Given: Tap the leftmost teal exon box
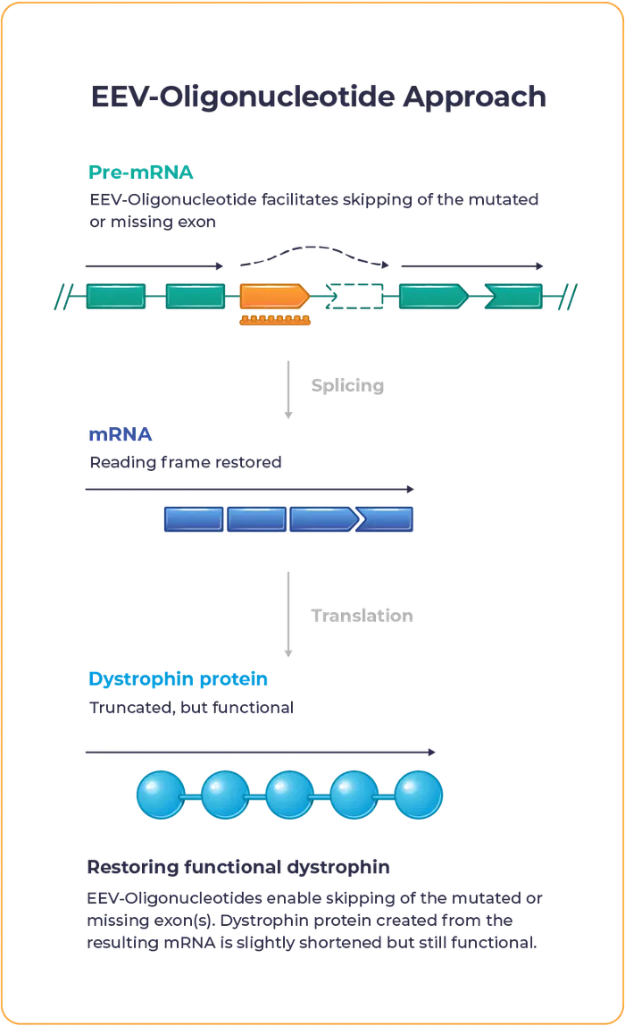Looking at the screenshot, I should (x=116, y=295).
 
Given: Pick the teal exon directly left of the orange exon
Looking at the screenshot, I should (x=196, y=295).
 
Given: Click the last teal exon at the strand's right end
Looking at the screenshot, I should (x=512, y=295).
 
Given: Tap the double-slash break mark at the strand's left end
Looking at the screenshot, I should (x=63, y=295).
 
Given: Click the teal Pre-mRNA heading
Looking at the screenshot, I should (x=142, y=172).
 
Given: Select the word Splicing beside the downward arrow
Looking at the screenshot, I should (x=346, y=386).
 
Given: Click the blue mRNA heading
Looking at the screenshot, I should (x=121, y=436).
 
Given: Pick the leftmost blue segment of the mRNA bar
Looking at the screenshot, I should (x=194, y=519).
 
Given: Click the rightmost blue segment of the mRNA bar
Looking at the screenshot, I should (x=390, y=519).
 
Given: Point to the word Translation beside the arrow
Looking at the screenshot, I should (x=361, y=615).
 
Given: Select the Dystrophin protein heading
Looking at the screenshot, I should (x=179, y=679).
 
